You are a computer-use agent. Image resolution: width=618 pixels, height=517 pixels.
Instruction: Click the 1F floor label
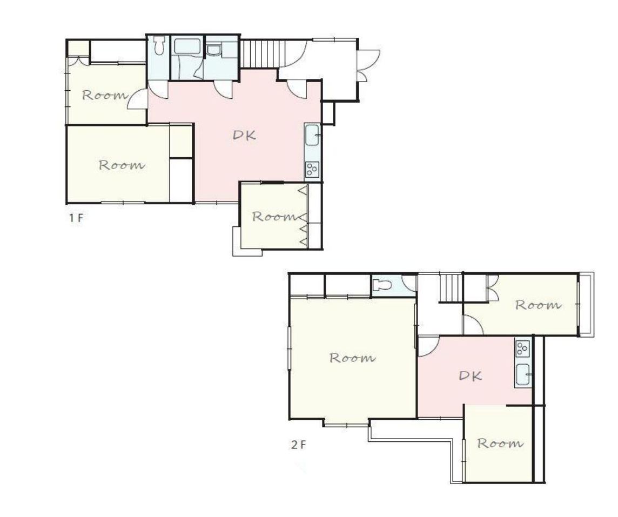(76, 218)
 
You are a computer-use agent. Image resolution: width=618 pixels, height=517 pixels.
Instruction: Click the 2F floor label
(298, 445)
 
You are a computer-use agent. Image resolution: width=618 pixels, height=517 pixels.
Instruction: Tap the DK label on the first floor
(244, 135)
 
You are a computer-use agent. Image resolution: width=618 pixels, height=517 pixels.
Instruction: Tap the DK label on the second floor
(471, 375)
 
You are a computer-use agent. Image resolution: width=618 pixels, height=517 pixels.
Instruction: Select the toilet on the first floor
(159, 45)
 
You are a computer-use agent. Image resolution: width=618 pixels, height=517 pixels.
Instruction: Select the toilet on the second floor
(382, 285)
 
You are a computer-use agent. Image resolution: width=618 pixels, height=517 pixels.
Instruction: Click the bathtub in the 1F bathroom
(188, 46)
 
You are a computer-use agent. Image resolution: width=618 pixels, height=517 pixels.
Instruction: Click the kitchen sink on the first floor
(313, 135)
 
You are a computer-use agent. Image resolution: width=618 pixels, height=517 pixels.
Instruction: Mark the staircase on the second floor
(451, 288)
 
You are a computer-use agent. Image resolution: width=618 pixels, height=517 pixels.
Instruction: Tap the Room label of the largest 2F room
(352, 358)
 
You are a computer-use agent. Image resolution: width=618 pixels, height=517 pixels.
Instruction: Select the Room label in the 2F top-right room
(539, 305)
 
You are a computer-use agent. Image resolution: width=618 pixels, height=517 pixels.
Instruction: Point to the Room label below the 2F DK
(501, 444)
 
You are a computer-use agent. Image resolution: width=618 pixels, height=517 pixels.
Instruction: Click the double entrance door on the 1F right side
(367, 65)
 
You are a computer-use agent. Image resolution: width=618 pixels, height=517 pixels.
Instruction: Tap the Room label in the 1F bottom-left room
(122, 165)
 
